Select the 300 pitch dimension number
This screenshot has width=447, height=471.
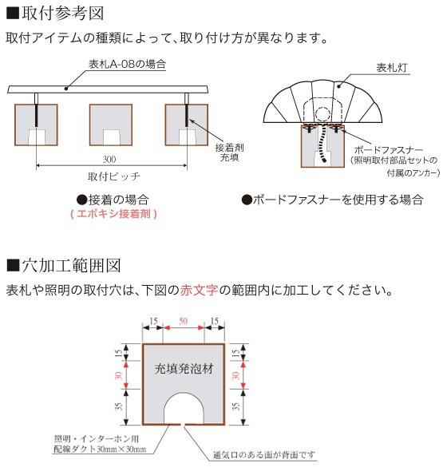(x=112, y=160)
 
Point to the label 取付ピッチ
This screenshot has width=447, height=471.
(x=112, y=178)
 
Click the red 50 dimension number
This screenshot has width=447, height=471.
(x=183, y=321)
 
